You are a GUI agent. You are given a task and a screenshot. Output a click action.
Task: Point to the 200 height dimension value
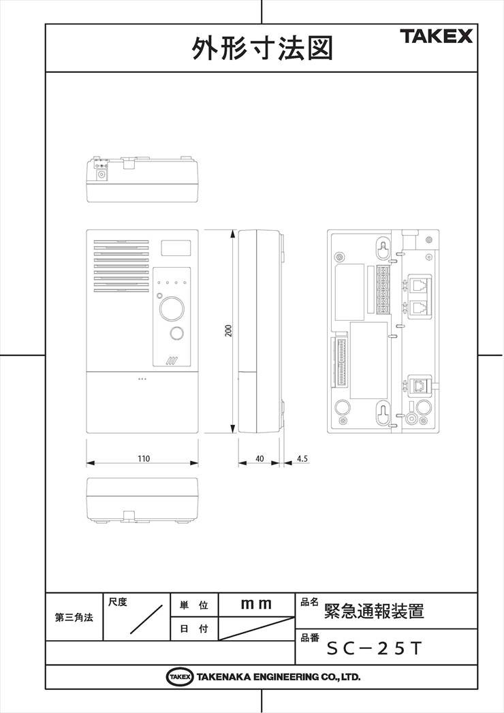(x=229, y=331)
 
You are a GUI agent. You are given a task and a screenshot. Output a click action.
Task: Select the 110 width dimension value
(x=143, y=459)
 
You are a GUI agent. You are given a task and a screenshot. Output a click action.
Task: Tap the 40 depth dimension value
(x=259, y=459)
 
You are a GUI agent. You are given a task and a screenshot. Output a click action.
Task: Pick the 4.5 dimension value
(x=302, y=459)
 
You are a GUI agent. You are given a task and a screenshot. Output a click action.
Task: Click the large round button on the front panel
(x=172, y=308)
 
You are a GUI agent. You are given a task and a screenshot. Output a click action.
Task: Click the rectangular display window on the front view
(x=175, y=247)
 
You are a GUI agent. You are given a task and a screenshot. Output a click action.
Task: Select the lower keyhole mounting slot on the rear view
(x=384, y=414)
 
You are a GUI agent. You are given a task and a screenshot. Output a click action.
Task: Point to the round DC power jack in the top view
(x=102, y=174)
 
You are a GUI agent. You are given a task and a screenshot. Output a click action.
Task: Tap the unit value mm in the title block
(x=256, y=604)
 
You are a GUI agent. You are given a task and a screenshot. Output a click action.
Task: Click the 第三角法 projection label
(x=74, y=618)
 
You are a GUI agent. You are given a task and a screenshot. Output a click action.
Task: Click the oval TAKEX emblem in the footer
(x=179, y=677)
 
